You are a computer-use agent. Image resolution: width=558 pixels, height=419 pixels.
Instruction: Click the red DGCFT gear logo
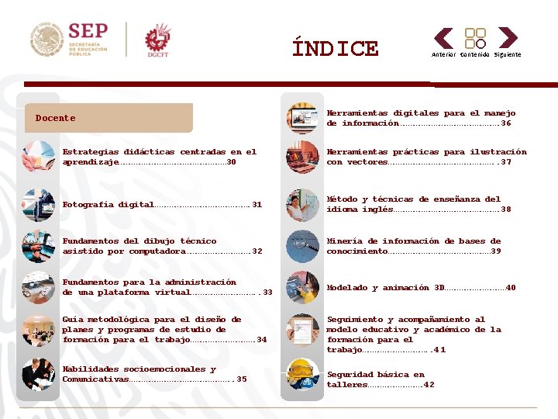pyautogui.click(x=157, y=40)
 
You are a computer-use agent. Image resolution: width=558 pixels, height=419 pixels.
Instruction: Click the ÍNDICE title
pyautogui.click(x=335, y=49)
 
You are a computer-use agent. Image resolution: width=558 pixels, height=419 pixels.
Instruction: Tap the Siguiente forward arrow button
pyautogui.click(x=508, y=38)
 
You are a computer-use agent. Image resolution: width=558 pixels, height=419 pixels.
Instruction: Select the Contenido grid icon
pyautogui.click(x=475, y=38)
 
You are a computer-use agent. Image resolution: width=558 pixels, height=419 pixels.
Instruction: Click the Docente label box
pyautogui.click(x=108, y=118)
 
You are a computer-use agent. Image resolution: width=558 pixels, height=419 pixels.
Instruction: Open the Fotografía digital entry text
pyautogui.click(x=108, y=205)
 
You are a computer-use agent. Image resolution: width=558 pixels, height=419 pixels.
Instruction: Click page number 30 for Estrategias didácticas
pyautogui.click(x=232, y=162)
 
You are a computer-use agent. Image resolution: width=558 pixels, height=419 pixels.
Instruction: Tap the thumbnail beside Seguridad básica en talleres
pyautogui.click(x=302, y=375)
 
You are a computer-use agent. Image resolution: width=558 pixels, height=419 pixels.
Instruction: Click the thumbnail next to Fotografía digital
pyautogui.click(x=38, y=205)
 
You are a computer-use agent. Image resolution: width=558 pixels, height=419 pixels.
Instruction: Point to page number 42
pyautogui.click(x=429, y=385)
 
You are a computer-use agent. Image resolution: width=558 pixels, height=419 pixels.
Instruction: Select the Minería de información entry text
pyautogui.click(x=413, y=246)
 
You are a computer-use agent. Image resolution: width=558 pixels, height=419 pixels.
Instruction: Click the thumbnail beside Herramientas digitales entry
pyautogui.click(x=302, y=118)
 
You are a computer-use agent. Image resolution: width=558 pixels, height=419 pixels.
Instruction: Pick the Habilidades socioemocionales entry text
pyautogui.click(x=139, y=374)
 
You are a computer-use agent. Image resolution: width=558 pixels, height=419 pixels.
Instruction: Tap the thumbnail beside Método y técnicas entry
pyautogui.click(x=302, y=204)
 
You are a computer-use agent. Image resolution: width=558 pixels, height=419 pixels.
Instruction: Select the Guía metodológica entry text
pyautogui.click(x=152, y=329)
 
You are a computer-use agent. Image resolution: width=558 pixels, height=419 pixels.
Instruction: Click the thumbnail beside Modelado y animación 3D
pyautogui.click(x=302, y=288)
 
